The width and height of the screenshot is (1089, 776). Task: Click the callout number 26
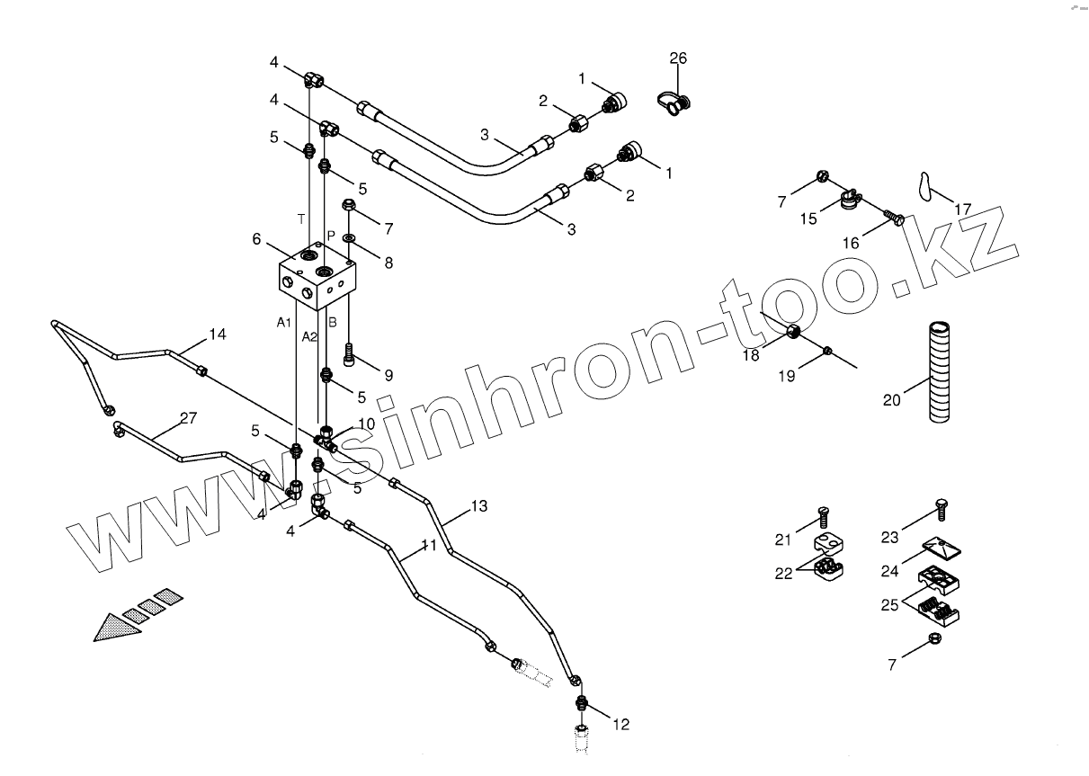pyautogui.click(x=678, y=58)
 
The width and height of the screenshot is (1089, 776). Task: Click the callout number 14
pyautogui.click(x=217, y=334)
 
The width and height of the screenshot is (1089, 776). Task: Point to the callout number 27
pyautogui.click(x=188, y=417)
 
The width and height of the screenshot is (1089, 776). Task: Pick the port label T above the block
pyautogui.click(x=301, y=219)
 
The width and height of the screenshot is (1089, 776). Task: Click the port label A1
pyautogui.click(x=283, y=321)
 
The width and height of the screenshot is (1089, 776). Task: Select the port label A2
pyautogui.click(x=309, y=336)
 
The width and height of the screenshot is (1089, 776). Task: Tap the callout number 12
pyautogui.click(x=621, y=724)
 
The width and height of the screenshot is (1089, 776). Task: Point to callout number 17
pyautogui.click(x=963, y=210)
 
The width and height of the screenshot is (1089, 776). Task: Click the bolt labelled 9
pyautogui.click(x=349, y=362)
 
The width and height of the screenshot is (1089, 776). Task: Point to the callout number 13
pyautogui.click(x=478, y=506)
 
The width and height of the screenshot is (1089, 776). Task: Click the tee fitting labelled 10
pyautogui.click(x=326, y=441)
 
